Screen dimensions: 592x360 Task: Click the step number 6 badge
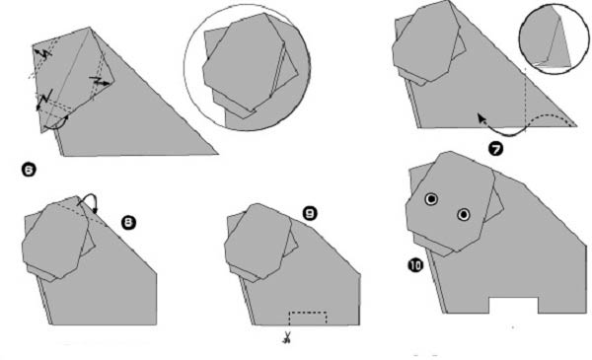tap(29, 171)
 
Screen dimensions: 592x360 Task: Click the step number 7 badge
tap(495, 149)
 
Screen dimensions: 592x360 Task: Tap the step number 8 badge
tap(128, 223)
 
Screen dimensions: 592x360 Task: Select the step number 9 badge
tap(310, 214)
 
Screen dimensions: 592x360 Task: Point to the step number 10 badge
tap(415, 265)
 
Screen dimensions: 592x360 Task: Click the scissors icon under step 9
tap(287, 337)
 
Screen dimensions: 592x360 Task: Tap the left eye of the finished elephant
tap(431, 199)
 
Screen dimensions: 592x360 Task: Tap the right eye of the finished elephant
tap(464, 215)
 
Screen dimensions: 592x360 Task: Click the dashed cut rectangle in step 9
tap(308, 313)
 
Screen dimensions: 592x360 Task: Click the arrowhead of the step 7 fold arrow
tap(481, 117)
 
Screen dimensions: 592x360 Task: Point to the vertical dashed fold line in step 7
tap(525, 98)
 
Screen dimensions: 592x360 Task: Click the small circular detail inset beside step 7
tap(554, 38)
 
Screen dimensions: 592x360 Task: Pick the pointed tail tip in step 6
tap(217, 154)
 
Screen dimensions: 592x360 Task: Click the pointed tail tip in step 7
tap(576, 126)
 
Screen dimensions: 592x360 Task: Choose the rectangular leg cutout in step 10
tap(513, 306)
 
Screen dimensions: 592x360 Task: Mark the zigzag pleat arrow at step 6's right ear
tap(100, 81)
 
